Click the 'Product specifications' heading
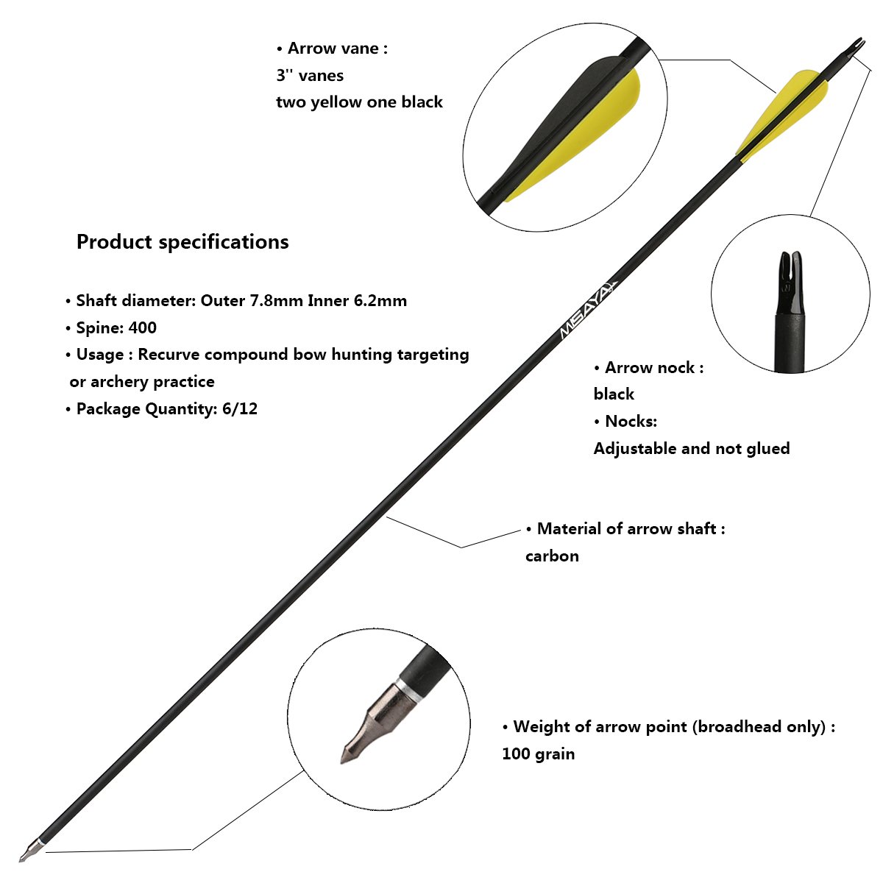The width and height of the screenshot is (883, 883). pyautogui.click(x=182, y=242)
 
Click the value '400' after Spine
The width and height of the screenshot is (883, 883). pyautogui.click(x=142, y=328)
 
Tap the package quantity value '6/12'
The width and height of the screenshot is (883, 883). pyautogui.click(x=240, y=409)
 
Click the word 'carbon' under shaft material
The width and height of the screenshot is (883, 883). pyautogui.click(x=552, y=556)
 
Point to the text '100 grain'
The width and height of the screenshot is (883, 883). pyautogui.click(x=538, y=754)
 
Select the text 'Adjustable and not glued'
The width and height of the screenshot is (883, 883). pyautogui.click(x=692, y=449)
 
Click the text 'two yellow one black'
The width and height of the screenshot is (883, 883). pyautogui.click(x=359, y=102)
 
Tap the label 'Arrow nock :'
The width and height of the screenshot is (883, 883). pyautogui.click(x=653, y=368)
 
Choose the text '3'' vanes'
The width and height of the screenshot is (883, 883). pyautogui.click(x=310, y=76)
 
